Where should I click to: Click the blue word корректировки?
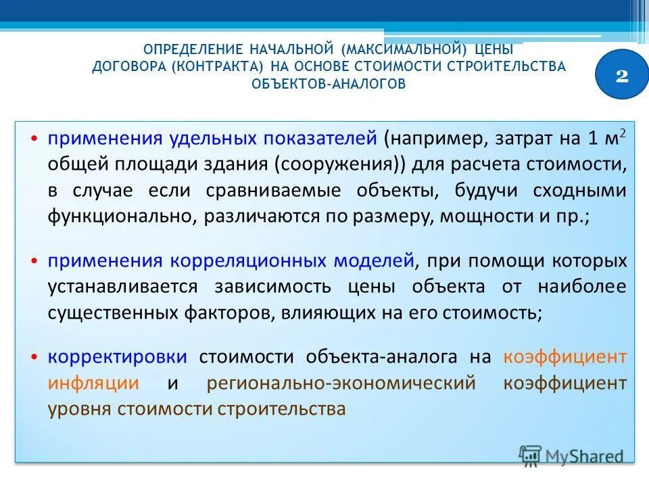[118, 357]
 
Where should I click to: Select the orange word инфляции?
[94, 383]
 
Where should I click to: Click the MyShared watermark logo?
[571, 456]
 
